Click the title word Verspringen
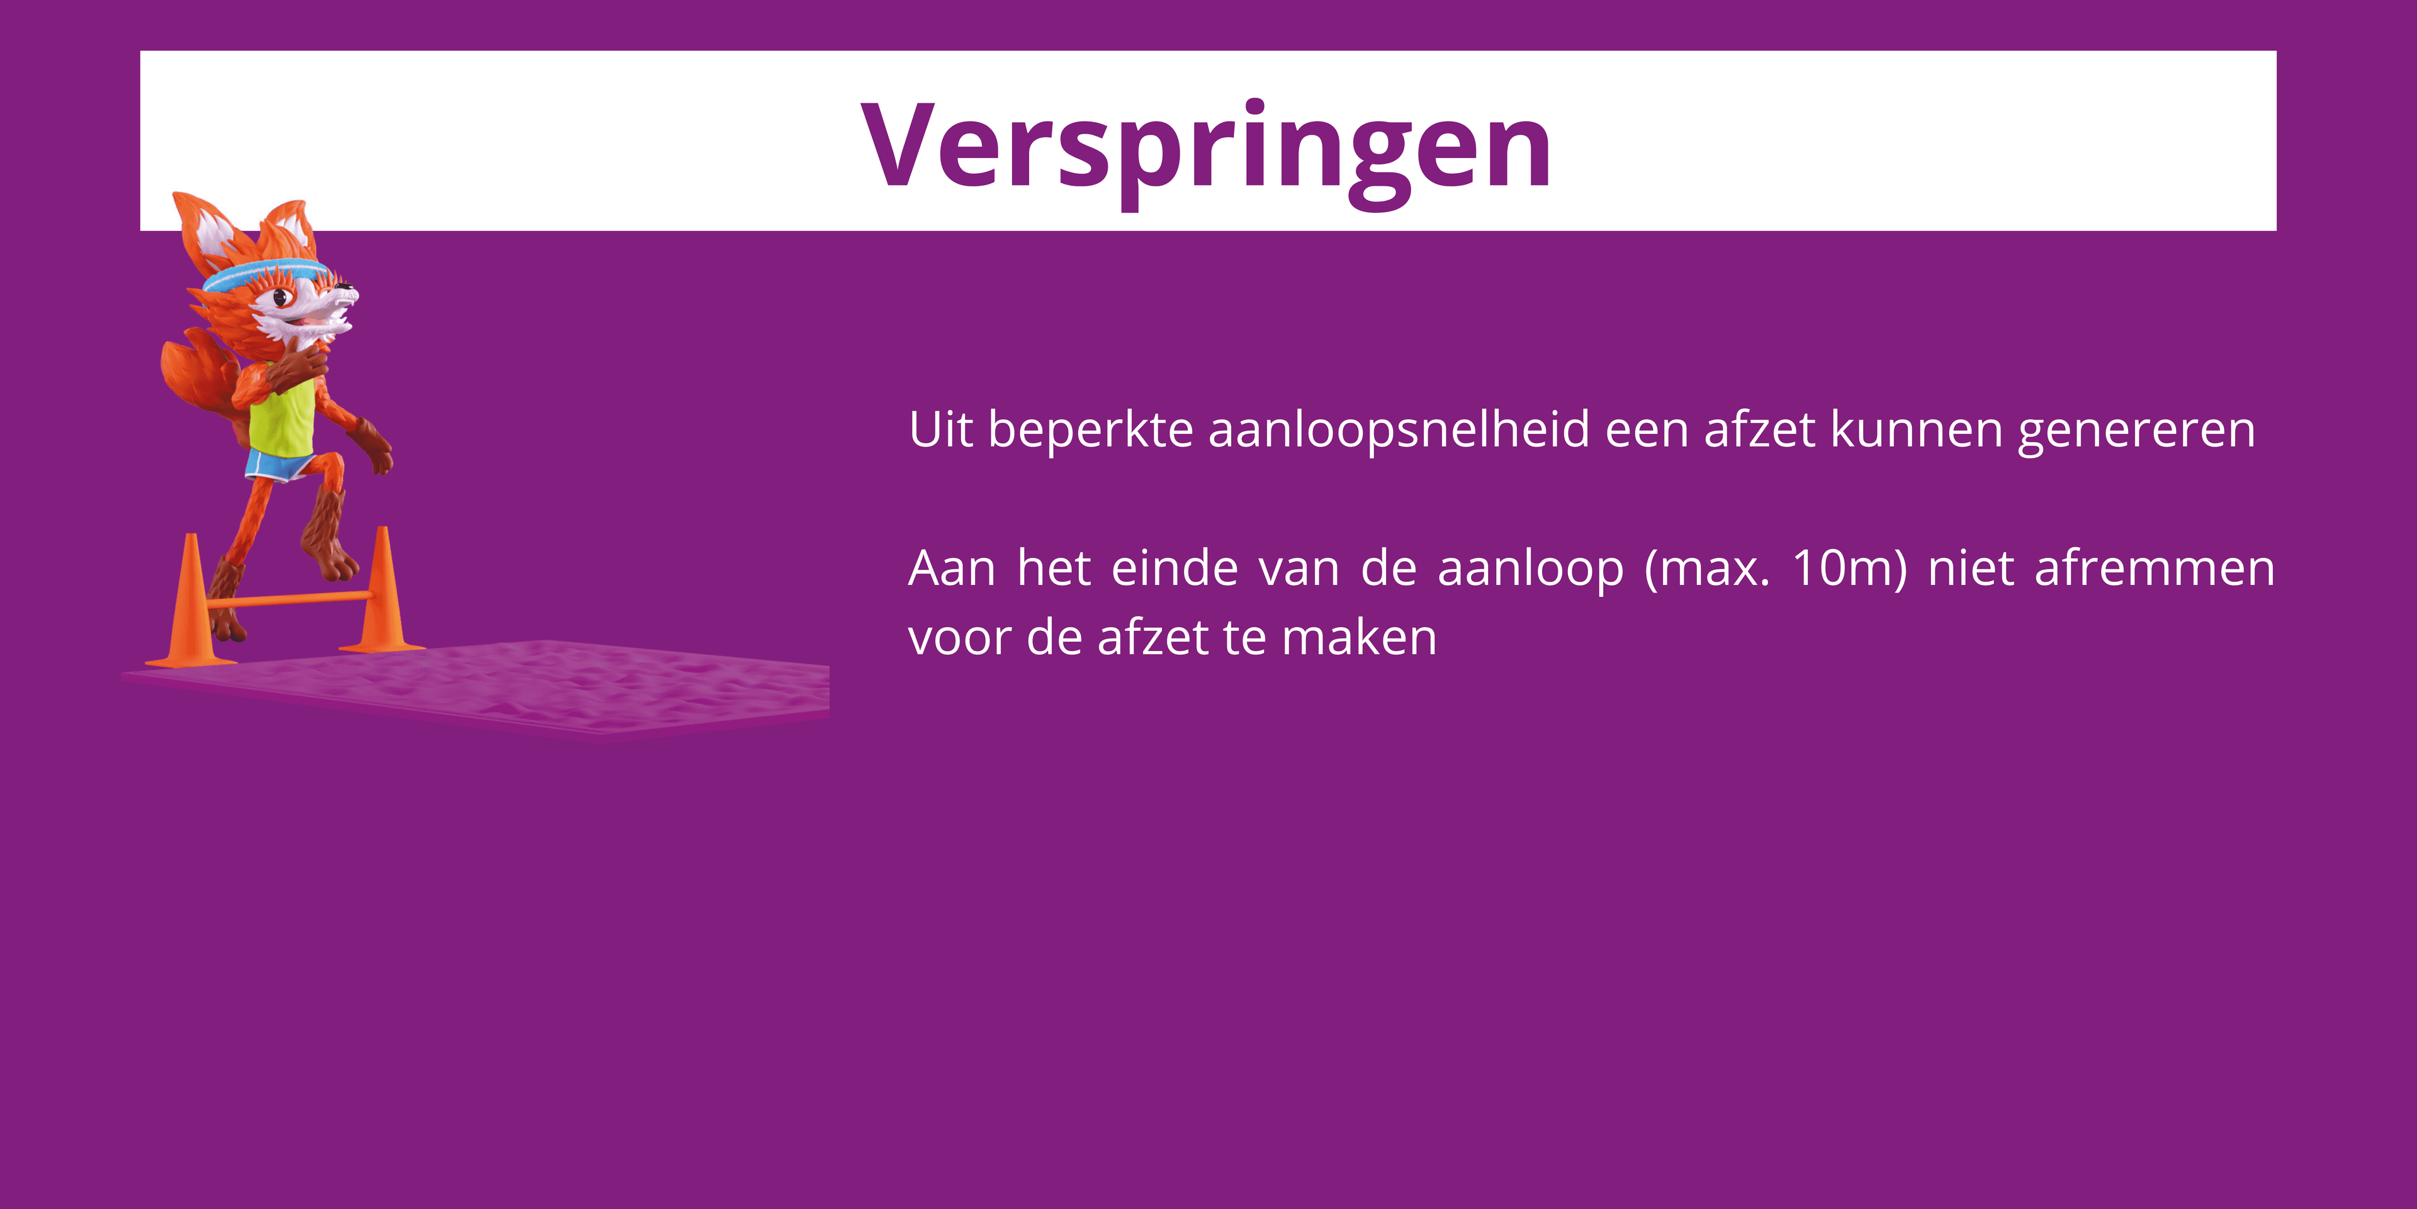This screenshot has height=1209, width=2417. coord(1207,149)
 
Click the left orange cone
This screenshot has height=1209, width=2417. coord(191,605)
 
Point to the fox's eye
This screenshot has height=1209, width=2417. coord(279,298)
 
